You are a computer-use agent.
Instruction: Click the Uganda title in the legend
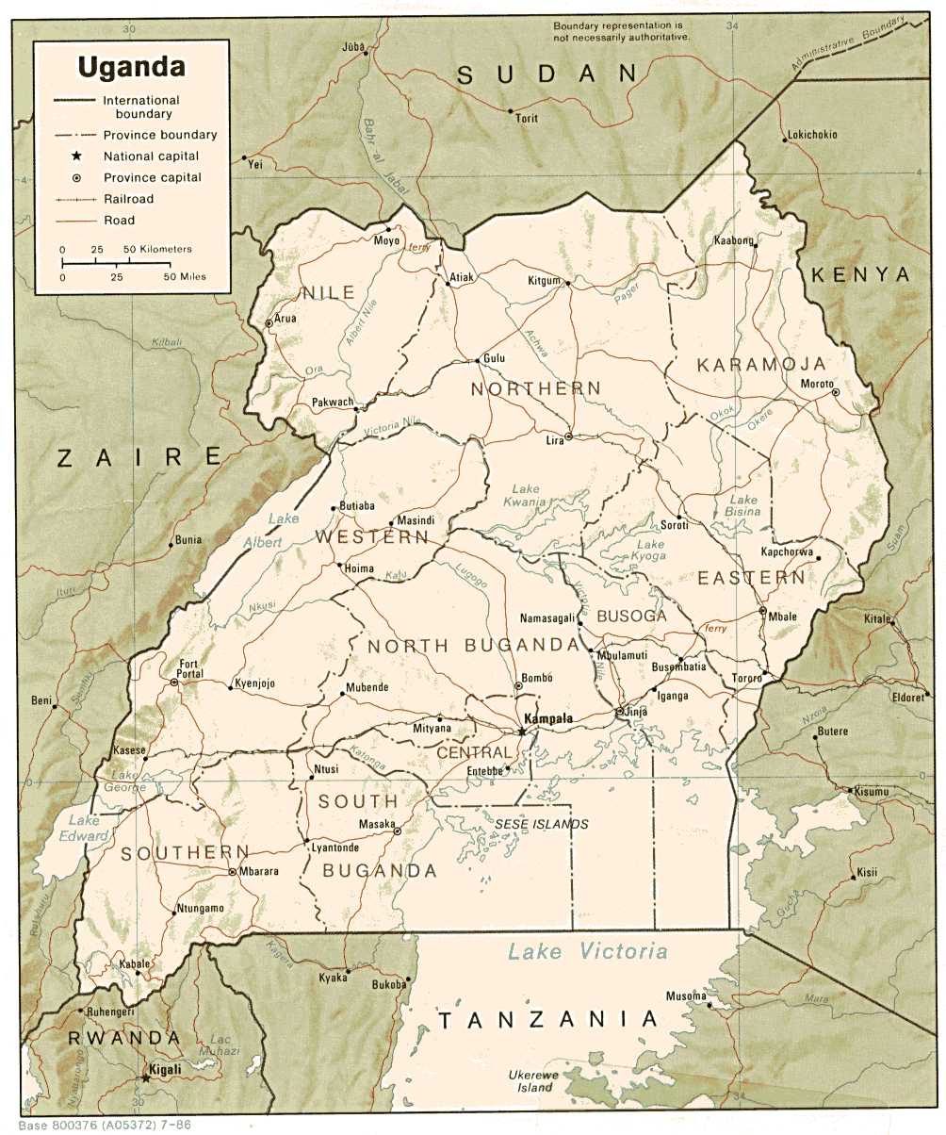[131, 67]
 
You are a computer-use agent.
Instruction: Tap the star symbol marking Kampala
[521, 731]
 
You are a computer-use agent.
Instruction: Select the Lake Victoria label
[587, 951]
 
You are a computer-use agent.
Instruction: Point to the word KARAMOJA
[761, 364]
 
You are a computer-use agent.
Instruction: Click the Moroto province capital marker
[835, 392]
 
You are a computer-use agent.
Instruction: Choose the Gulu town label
[495, 358]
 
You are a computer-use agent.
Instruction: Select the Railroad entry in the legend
[128, 199]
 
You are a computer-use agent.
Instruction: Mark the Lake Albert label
[279, 531]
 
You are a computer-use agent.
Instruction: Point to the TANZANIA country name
[546, 1019]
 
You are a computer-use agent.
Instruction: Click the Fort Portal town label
[189, 668]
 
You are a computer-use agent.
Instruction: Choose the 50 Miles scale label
[186, 277]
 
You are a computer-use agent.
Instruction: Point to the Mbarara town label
[258, 871]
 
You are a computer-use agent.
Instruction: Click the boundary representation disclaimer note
[621, 30]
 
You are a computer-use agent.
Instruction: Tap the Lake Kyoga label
[650, 551]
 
